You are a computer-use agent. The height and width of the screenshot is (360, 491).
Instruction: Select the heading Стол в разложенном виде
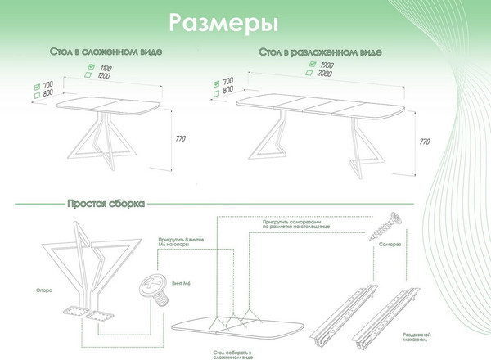(x=319, y=52)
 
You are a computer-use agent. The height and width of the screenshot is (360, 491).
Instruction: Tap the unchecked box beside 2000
(x=307, y=74)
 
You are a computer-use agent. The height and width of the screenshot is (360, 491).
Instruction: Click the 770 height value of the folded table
(x=182, y=138)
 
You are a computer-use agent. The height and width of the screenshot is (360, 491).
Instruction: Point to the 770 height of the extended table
(x=425, y=141)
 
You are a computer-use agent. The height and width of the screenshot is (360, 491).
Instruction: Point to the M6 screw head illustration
(x=151, y=289)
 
